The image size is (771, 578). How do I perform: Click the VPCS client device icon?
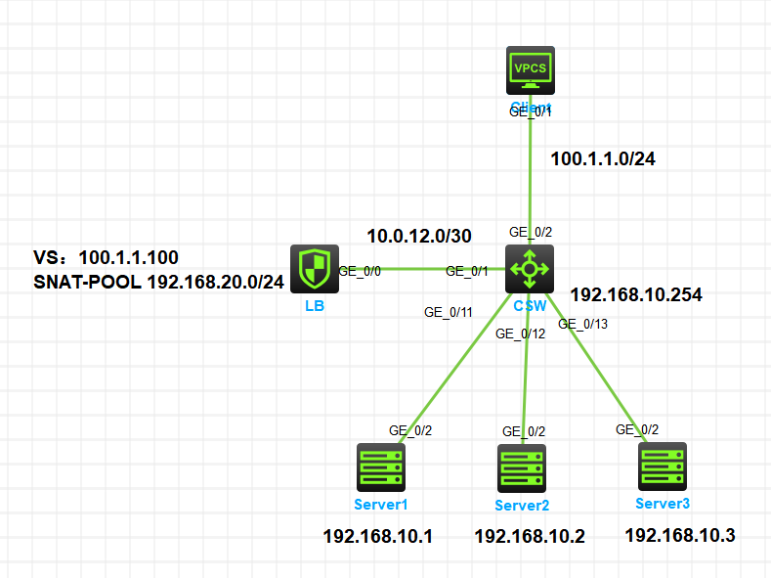click(530, 70)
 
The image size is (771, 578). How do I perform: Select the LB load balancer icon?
click(315, 269)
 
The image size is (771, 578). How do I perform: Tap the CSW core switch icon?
click(529, 269)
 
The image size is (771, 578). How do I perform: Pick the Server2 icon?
click(522, 469)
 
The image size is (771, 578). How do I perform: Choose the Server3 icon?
click(663, 467)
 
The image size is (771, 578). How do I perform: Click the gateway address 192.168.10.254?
click(636, 293)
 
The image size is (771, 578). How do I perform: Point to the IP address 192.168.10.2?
click(530, 536)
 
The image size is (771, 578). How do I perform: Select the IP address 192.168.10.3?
click(680, 535)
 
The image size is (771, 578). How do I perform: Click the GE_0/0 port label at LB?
click(359, 270)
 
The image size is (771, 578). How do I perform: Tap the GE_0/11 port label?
click(449, 313)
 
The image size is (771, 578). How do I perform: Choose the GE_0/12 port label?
click(520, 333)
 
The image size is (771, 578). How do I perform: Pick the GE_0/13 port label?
click(582, 324)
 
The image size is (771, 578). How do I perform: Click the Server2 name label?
click(522, 506)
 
